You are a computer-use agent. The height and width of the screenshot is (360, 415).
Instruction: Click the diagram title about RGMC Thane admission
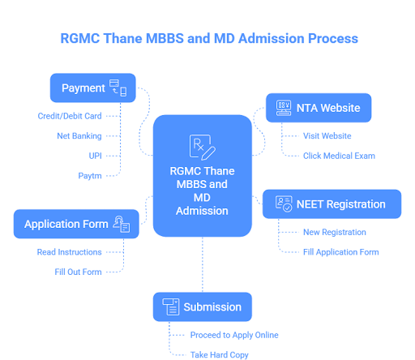pos(209,38)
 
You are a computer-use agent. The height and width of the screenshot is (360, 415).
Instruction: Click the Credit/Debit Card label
pos(69,116)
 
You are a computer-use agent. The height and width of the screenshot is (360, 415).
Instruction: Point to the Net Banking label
pos(79,135)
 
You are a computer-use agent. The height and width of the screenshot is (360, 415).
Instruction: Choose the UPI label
pos(94,155)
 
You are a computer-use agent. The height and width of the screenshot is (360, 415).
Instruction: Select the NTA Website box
pos(318,107)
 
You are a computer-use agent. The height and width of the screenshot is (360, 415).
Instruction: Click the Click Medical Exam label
pos(340,155)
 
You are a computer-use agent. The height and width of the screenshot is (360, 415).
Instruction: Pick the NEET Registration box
pos(332,204)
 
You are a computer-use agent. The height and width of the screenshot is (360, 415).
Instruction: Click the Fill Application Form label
pos(341,251)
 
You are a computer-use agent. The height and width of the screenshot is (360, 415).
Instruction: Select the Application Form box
pos(76,224)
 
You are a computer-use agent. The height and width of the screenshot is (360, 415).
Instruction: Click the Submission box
pos(202,306)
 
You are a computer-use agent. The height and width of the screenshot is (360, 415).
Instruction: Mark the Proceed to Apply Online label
pos(233,335)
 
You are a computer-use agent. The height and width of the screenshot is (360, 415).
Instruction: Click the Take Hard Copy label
pos(219,354)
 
